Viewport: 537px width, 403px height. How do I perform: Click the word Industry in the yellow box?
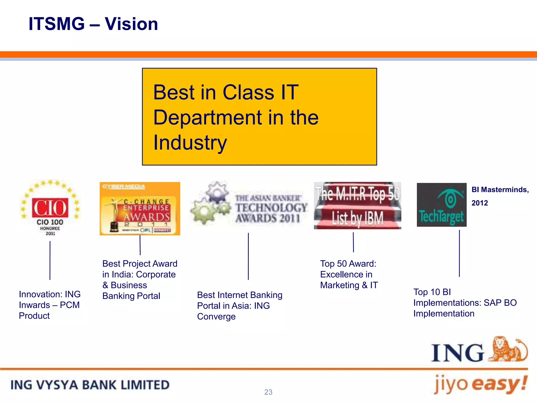(190, 142)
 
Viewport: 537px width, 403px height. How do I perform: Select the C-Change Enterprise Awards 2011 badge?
(140, 209)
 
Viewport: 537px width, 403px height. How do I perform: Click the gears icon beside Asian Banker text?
(211, 203)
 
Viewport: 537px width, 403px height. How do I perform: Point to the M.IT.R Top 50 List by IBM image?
(357, 205)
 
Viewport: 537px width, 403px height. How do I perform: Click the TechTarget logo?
(442, 205)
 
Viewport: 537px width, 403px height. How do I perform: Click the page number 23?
(268, 392)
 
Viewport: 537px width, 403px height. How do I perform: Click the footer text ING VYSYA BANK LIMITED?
(90, 385)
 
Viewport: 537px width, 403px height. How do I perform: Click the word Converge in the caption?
(216, 317)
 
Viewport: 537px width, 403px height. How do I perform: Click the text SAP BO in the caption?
(500, 303)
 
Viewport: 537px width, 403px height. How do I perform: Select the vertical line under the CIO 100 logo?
(50, 260)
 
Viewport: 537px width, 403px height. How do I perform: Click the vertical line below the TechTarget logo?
(459, 253)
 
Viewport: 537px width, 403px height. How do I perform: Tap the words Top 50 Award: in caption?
(348, 264)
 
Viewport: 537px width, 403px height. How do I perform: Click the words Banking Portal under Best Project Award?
(131, 296)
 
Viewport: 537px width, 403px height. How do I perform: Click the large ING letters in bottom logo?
(457, 353)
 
